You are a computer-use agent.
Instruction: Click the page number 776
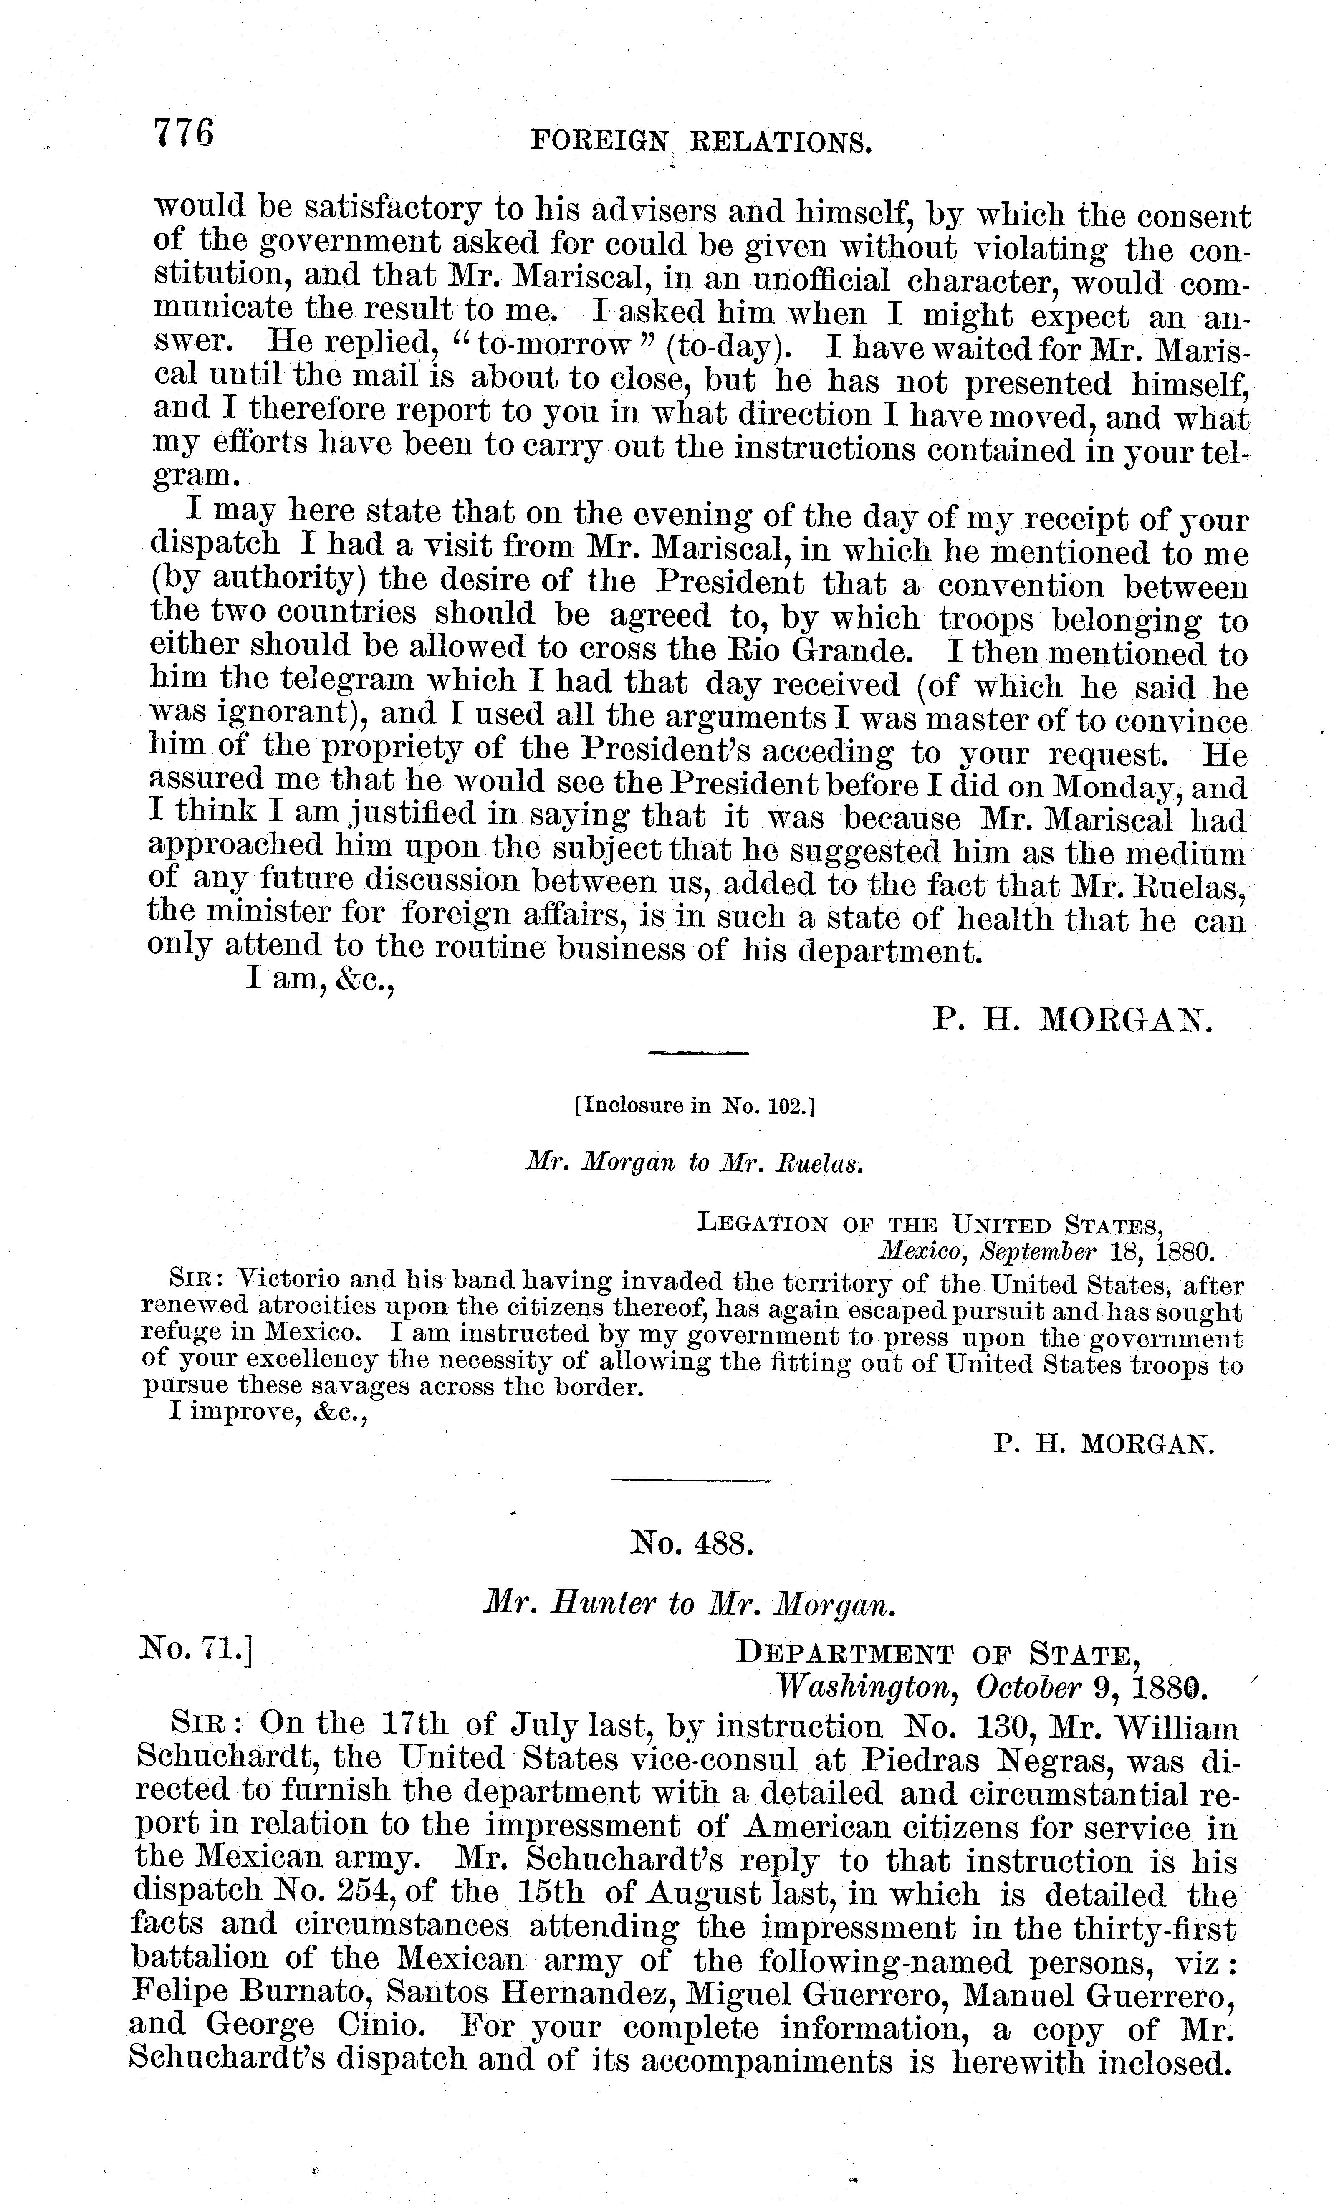[x=184, y=134]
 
